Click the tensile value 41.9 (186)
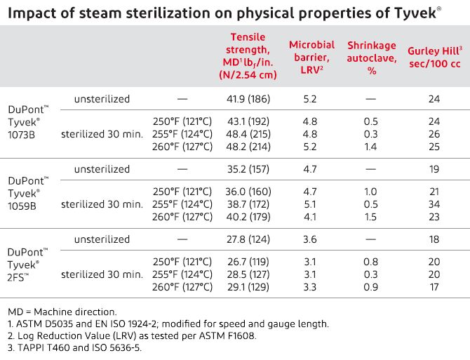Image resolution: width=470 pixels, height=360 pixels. tap(250, 99)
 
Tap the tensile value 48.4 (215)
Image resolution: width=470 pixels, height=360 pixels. tap(250, 134)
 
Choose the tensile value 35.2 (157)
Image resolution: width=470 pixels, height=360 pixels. tap(250, 169)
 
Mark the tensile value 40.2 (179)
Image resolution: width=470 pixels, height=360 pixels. tap(250, 217)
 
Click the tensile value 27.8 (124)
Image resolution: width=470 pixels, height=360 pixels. tap(250, 239)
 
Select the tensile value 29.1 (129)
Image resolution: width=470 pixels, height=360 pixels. tap(250, 287)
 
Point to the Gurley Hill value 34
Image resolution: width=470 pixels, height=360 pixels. tap(434, 204)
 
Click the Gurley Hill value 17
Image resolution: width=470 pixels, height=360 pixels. tap(434, 287)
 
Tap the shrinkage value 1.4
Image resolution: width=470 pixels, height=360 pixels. tap(370, 147)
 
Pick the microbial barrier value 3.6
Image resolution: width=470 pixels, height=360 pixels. tap(311, 239)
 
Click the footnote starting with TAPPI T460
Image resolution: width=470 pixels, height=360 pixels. tap(81, 348)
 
